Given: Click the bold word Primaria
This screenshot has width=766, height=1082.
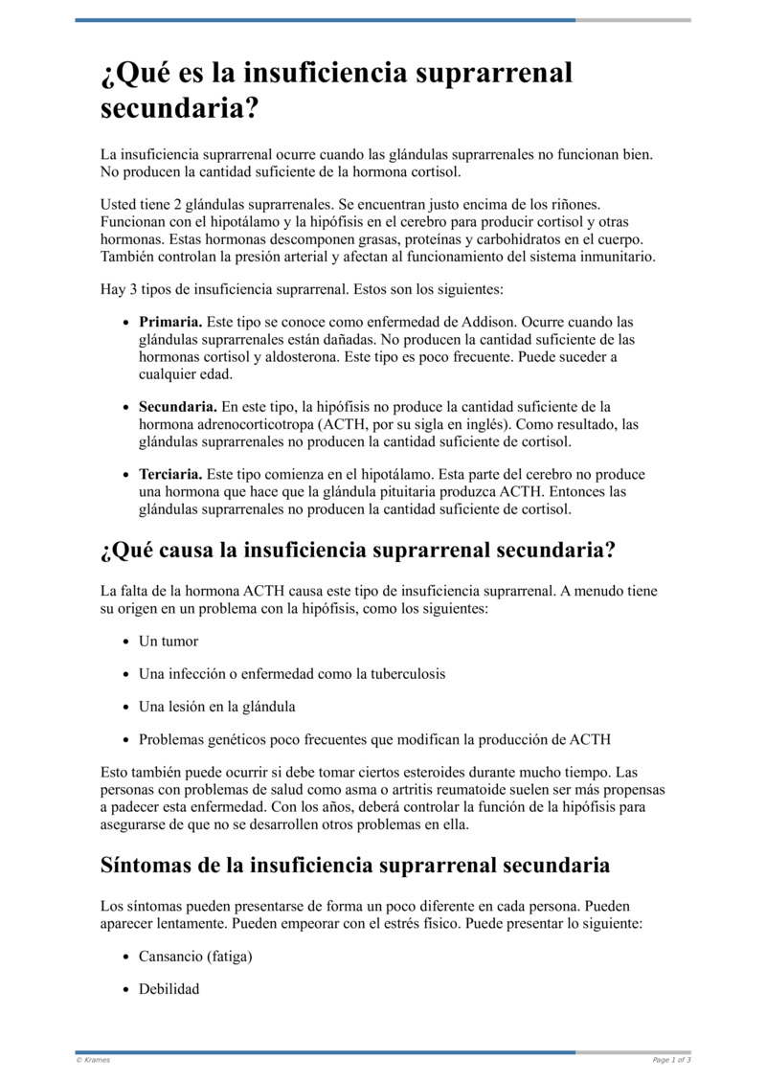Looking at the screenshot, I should (x=170, y=323).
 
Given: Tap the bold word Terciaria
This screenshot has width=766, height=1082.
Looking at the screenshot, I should (x=170, y=475).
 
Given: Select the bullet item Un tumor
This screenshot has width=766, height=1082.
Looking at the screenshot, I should (x=169, y=642).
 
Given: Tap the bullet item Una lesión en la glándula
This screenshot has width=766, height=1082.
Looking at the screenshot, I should (x=217, y=707).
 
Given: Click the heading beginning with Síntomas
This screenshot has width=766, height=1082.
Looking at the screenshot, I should (x=355, y=866).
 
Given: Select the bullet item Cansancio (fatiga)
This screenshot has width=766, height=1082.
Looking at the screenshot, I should (x=195, y=957).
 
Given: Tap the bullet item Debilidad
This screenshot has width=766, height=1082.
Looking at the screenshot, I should (x=169, y=989).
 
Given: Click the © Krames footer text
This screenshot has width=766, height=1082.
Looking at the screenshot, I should (x=93, y=1060).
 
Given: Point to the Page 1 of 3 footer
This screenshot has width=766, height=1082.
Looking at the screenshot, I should (x=671, y=1060).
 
